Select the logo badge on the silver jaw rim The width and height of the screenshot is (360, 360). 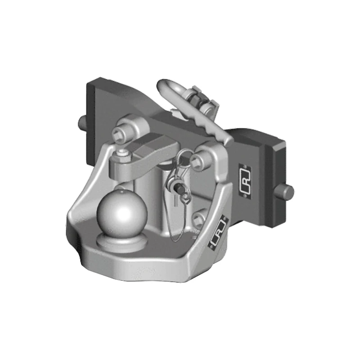(218, 237)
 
